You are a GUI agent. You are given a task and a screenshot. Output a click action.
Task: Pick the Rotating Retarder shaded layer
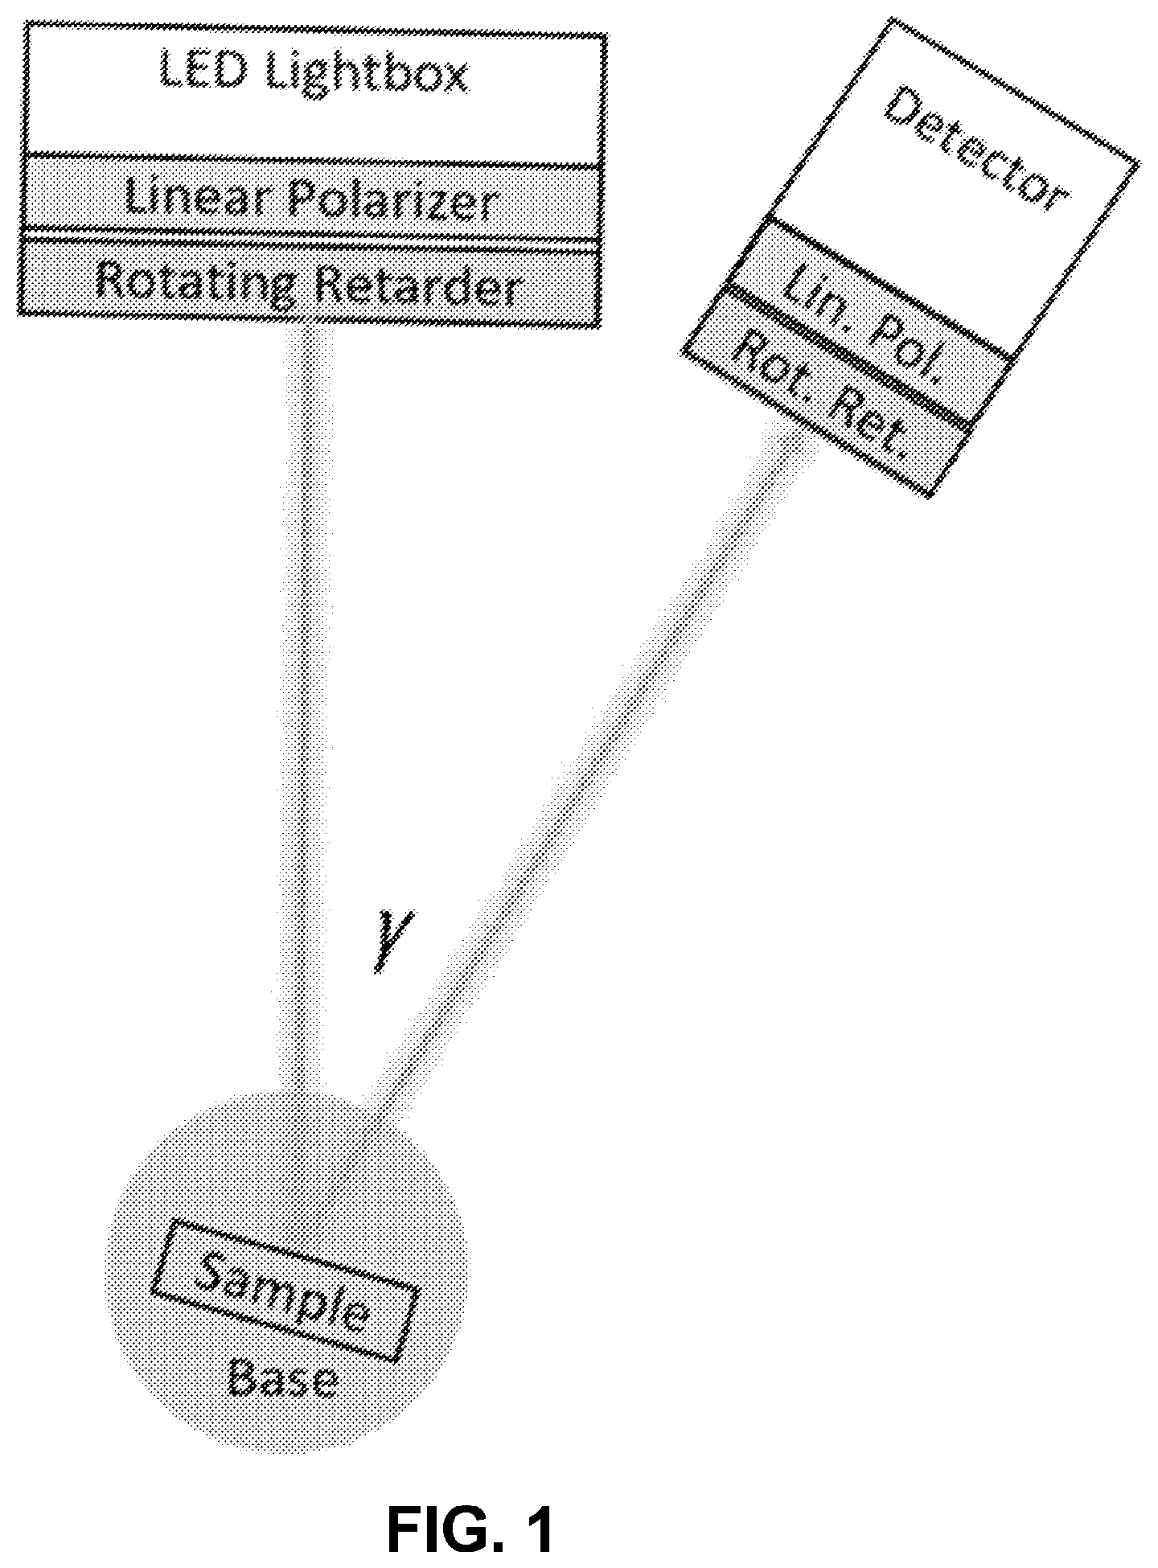[310, 285]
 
